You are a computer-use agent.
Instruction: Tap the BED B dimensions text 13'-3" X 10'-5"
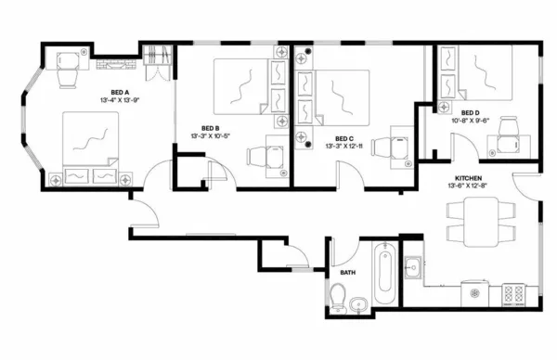point(210,136)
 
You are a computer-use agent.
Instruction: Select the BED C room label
point(344,137)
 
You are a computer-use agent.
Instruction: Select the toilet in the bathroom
point(338,296)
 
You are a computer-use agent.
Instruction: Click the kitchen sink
point(413,269)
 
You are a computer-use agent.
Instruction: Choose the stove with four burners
point(513,294)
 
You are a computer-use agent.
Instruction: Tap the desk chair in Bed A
point(67,78)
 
